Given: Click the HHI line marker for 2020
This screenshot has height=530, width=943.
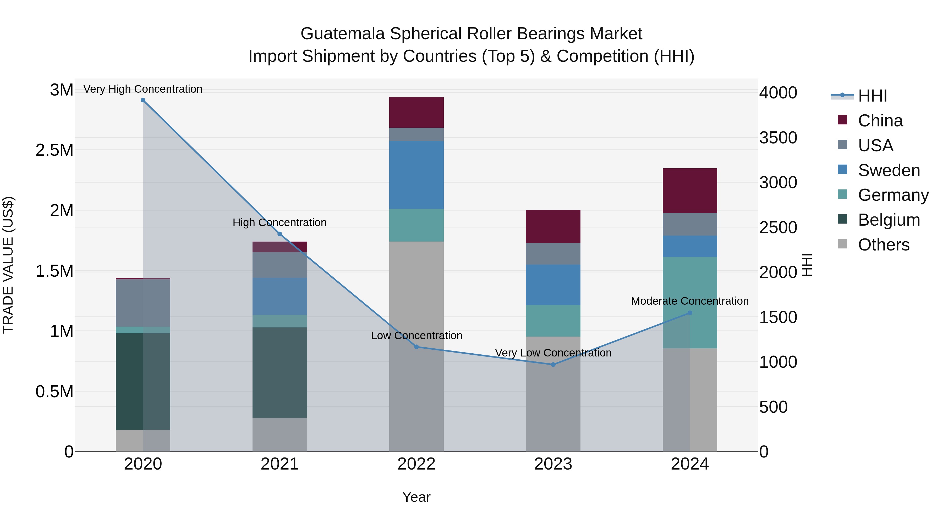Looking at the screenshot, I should (x=143, y=100).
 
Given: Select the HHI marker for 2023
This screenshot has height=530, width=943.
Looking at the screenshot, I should (x=553, y=364).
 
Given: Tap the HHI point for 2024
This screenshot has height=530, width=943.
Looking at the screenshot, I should (x=690, y=313).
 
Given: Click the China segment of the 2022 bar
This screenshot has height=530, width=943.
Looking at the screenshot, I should (x=416, y=112).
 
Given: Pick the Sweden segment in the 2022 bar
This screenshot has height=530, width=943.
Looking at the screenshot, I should (x=416, y=175).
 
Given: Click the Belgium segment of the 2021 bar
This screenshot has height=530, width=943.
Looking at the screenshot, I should (x=280, y=372).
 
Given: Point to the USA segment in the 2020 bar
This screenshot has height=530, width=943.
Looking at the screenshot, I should (x=143, y=303).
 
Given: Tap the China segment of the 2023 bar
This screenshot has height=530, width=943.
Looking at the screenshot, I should (x=553, y=226).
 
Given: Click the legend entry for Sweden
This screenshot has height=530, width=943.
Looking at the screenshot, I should (x=889, y=170).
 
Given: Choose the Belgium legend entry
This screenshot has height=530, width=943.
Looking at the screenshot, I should (x=889, y=220).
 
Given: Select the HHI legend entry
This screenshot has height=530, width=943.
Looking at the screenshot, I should (x=872, y=96).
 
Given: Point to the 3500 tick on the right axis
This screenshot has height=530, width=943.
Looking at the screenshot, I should (x=778, y=138).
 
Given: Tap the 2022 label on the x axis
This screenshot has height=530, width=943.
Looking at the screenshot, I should (x=416, y=464).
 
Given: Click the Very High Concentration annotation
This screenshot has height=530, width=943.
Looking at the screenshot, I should (x=143, y=89).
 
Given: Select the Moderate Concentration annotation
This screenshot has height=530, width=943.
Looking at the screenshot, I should (x=690, y=301).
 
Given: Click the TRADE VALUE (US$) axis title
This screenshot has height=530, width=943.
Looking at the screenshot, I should (x=8, y=265).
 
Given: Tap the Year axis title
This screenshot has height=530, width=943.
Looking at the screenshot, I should (x=416, y=497).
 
